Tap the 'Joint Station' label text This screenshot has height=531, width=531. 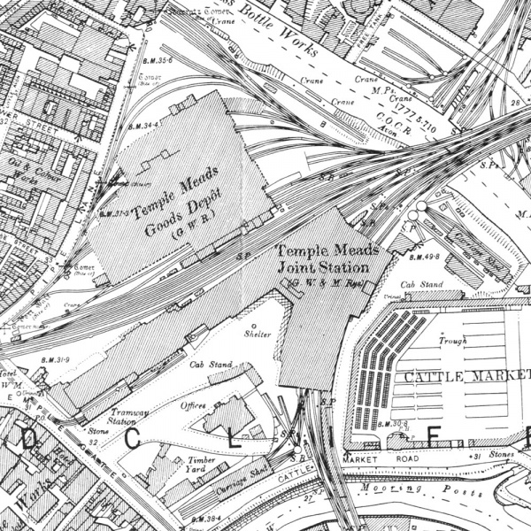(x=321, y=265)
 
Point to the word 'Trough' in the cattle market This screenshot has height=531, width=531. (x=452, y=339)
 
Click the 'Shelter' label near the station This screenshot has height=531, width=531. (x=258, y=334)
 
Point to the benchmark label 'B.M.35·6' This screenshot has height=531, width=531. (x=156, y=60)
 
